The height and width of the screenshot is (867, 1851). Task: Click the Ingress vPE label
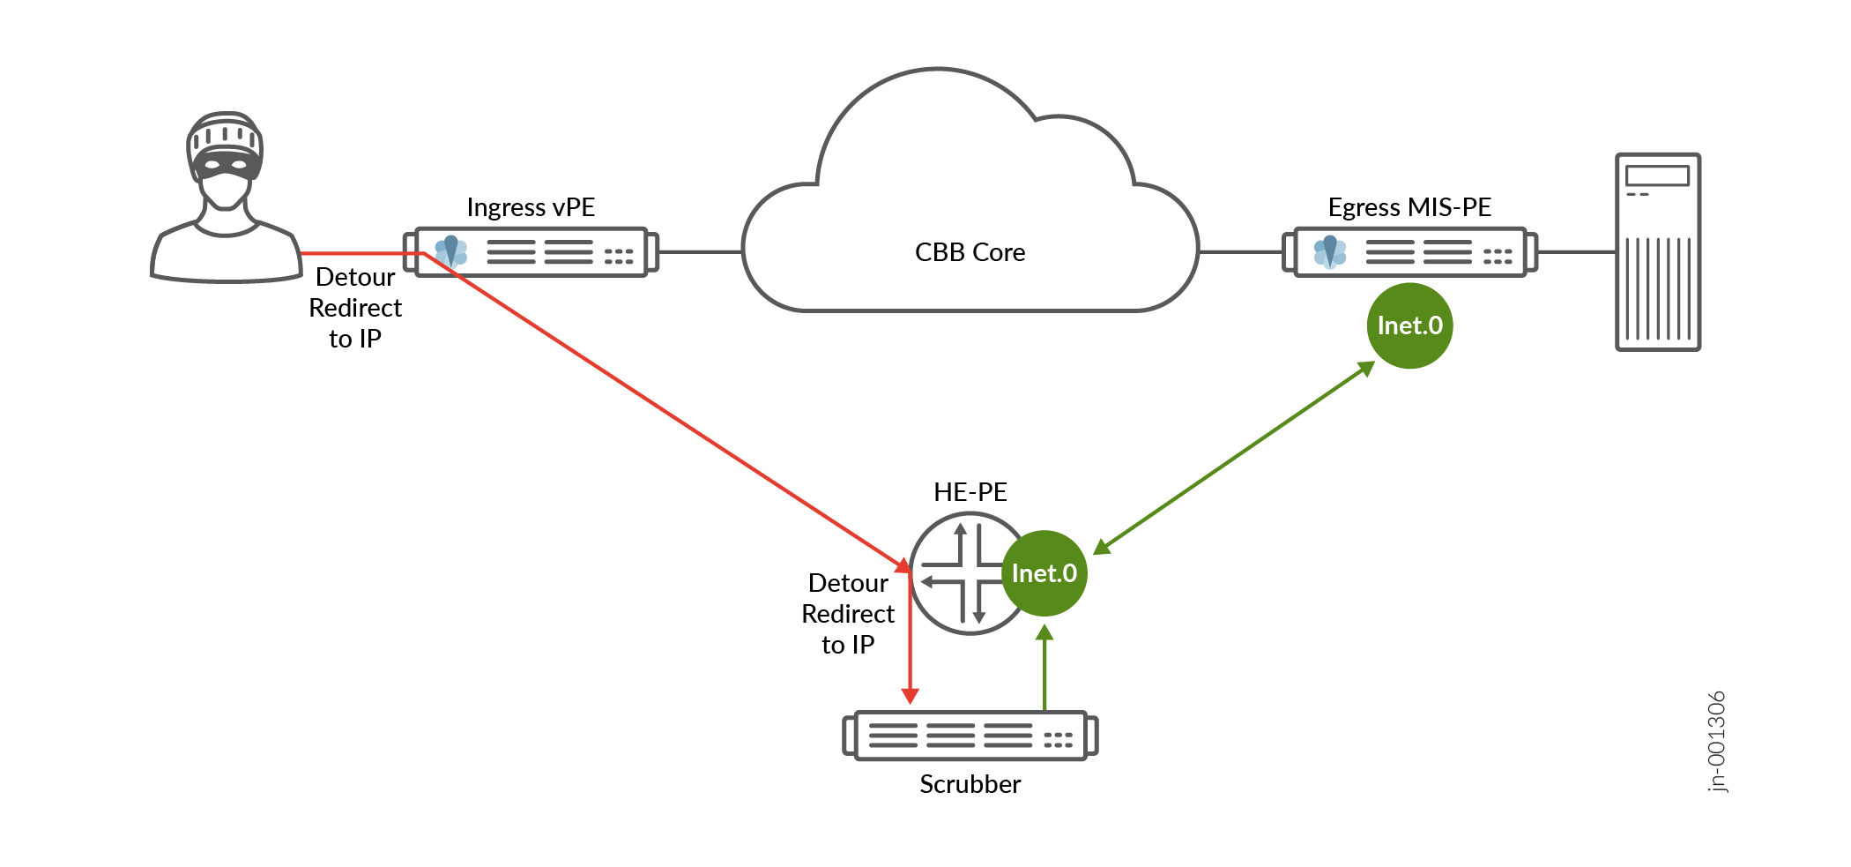[x=531, y=207]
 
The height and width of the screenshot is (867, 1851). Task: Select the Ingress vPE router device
[x=531, y=252]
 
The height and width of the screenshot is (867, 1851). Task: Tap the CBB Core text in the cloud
[x=970, y=252]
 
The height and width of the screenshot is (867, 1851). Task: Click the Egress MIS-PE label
[x=1409, y=207]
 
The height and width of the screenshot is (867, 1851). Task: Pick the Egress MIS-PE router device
[x=1410, y=252]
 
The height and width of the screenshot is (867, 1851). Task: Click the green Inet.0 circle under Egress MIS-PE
[x=1409, y=325]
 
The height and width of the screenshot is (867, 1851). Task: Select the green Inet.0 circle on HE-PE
[x=1044, y=573]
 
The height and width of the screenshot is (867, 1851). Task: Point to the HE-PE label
[x=970, y=492]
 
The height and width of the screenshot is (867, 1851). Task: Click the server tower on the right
[x=1657, y=252]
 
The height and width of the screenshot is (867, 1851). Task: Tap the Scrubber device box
[x=970, y=736]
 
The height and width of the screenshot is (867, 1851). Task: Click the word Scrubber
[x=970, y=784]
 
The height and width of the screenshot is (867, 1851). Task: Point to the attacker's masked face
[x=226, y=168]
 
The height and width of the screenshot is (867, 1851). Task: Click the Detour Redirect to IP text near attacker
[x=355, y=308]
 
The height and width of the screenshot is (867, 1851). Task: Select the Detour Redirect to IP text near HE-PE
[x=848, y=614]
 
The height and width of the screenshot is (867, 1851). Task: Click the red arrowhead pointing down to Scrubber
[x=911, y=696]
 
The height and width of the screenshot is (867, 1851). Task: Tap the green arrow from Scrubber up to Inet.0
[x=1044, y=670]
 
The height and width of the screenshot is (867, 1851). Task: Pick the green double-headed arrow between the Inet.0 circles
[x=1234, y=459]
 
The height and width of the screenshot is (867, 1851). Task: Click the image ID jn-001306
[x=1717, y=742]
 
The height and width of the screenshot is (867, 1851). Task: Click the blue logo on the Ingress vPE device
[x=451, y=250]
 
